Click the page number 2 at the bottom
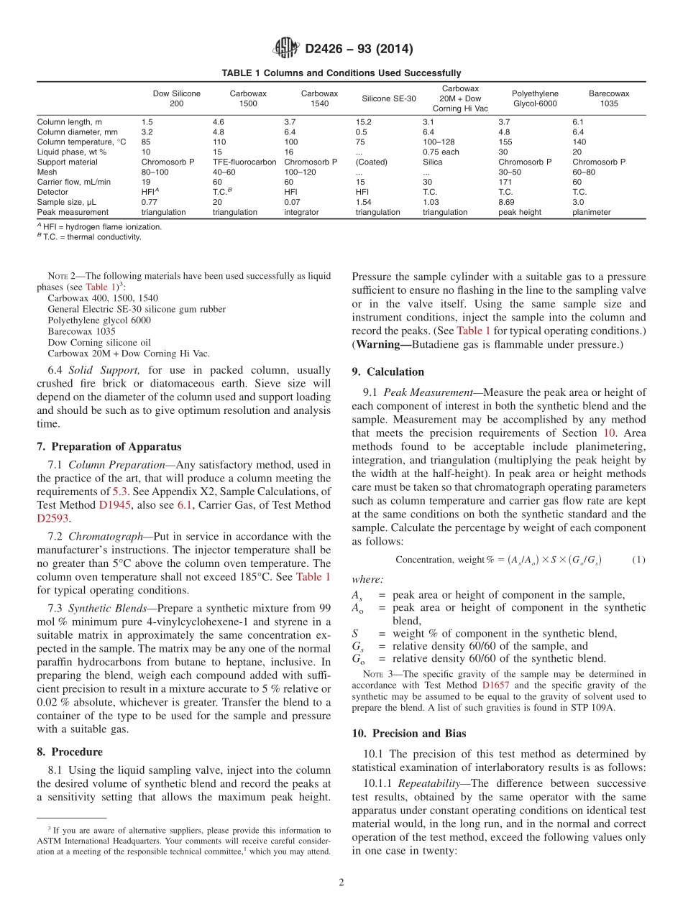(341, 882)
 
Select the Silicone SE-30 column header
(388, 98)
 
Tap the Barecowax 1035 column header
(608, 98)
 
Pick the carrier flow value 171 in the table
(505, 183)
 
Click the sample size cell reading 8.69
(506, 203)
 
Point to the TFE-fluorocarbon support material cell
(244, 162)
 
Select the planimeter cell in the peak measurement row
(591, 213)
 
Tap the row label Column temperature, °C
(81, 142)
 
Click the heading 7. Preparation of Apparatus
(109, 446)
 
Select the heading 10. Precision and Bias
(408, 734)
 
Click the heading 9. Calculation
(388, 371)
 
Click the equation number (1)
(638, 560)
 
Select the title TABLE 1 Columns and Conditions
(341, 73)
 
